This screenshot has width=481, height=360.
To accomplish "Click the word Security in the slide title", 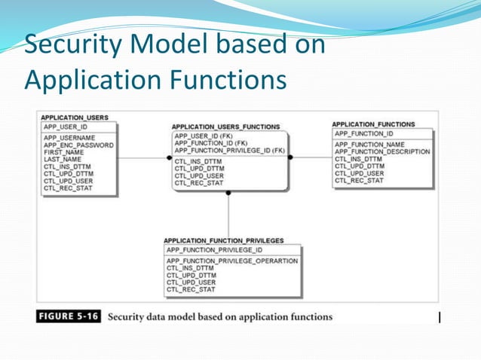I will coord(72,45).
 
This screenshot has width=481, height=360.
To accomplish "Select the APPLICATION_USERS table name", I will coord(75,117).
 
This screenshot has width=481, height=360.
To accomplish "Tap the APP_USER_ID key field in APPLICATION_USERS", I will coord(66,127).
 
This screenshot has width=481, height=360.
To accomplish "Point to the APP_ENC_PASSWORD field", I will coord(78,145).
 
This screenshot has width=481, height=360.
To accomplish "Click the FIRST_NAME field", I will coord(63,152).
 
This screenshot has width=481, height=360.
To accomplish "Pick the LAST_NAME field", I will coord(62,160).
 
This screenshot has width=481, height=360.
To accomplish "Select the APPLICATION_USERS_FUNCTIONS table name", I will coord(225,127).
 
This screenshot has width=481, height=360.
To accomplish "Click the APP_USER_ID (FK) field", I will coord(204,136).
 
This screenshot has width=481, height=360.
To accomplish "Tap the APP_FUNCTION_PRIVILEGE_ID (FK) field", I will coord(229,150).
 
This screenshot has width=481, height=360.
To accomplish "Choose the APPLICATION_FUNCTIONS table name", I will coord(373,124).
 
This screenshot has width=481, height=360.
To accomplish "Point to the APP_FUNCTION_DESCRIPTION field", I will coord(381,151).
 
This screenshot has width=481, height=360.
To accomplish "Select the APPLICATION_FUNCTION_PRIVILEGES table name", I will coord(223,240).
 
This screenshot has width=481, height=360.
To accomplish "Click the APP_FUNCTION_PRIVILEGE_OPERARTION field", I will coord(231,261).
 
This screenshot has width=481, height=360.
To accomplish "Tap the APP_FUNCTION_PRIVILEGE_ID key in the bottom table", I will coord(214,249).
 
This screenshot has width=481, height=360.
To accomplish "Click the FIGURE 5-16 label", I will coord(69,316).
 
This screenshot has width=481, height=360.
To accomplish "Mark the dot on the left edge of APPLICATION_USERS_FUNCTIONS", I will coord(170,158).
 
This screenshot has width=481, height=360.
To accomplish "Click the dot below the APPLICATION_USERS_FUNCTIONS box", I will coord(228,193).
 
